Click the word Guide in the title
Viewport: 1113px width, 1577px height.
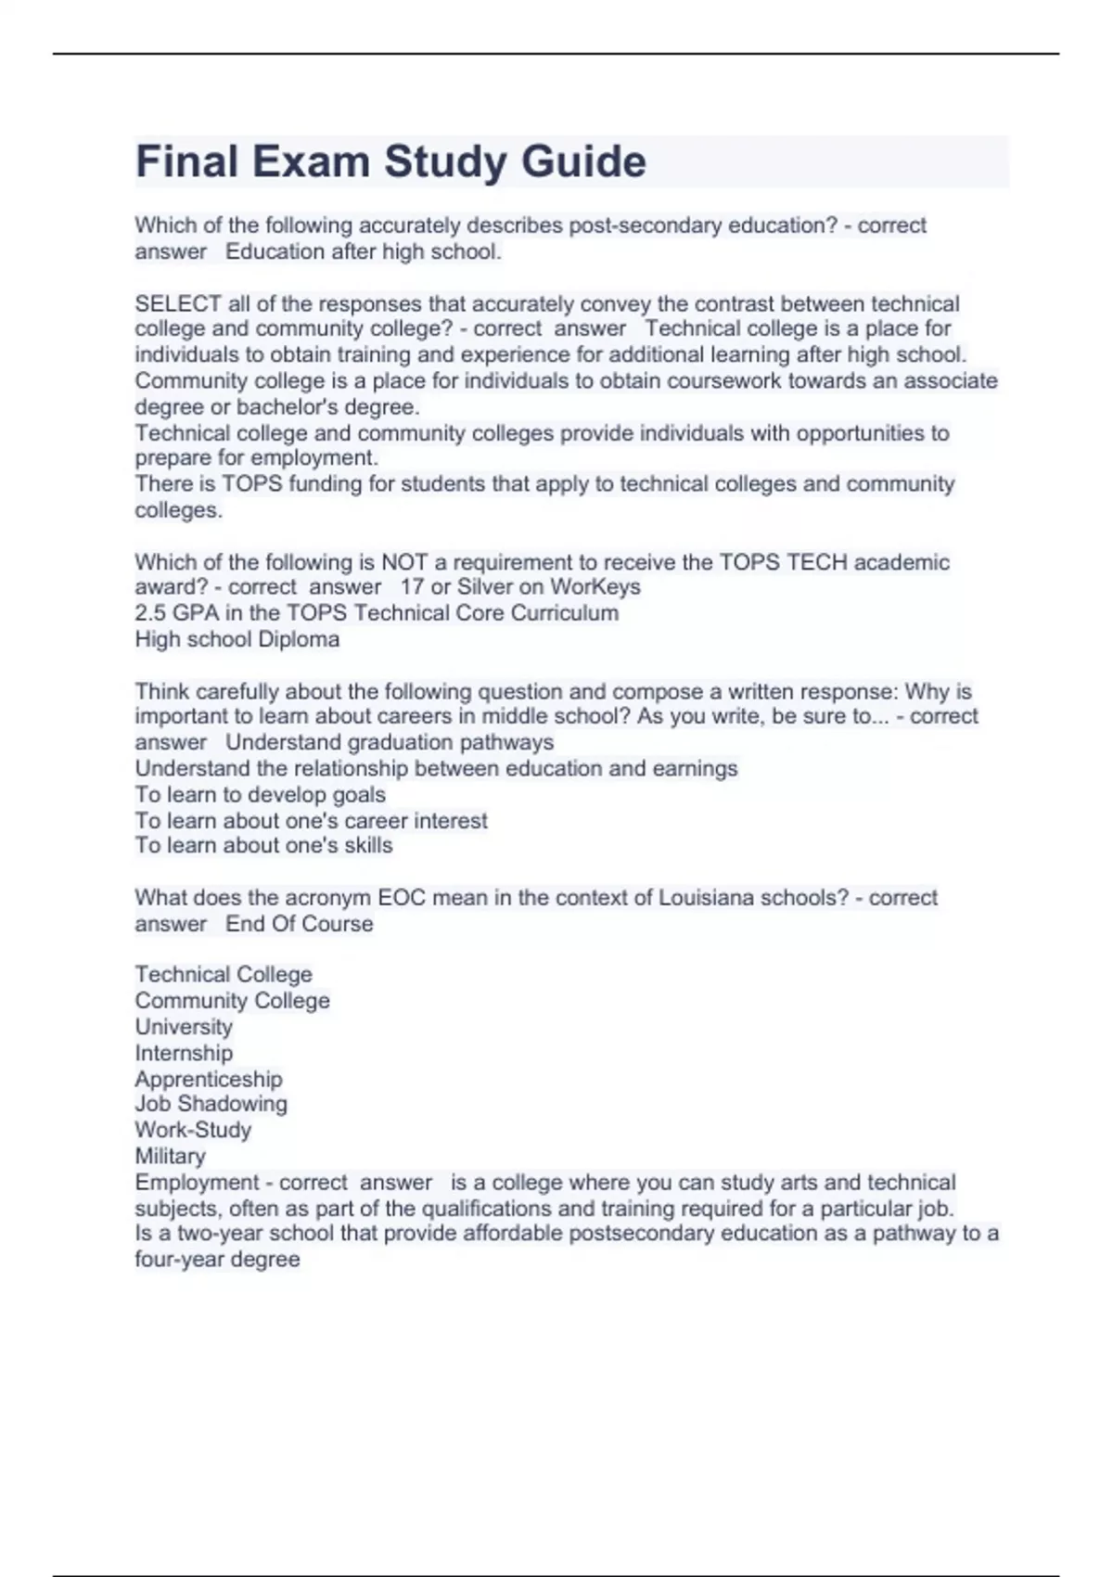click(x=583, y=161)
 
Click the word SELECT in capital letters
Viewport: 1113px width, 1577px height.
click(x=178, y=304)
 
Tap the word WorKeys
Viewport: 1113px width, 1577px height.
click(x=595, y=587)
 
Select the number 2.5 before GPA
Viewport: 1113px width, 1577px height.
click(x=149, y=613)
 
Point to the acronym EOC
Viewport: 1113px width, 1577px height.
click(x=400, y=898)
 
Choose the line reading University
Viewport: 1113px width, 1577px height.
click(x=184, y=1027)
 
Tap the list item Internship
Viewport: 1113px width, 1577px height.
click(x=184, y=1053)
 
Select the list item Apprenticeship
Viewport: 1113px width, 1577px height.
click(x=209, y=1079)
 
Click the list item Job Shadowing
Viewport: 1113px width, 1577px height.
click(x=211, y=1104)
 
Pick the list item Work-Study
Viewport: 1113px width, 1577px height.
click(x=193, y=1130)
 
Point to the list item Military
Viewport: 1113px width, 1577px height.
click(x=171, y=1156)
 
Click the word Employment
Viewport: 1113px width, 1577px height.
click(x=197, y=1183)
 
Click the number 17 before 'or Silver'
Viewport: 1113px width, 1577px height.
click(x=412, y=587)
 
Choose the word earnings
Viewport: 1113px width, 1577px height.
click(x=696, y=768)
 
